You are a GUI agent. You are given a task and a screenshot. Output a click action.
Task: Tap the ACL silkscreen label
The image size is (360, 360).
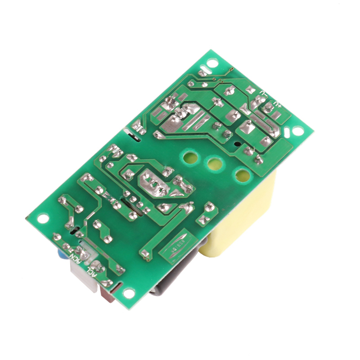click(x=92, y=273)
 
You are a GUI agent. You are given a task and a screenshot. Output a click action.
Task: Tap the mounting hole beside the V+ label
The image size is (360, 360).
click(x=297, y=131)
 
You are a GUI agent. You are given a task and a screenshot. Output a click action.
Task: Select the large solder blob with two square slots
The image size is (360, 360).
click(x=153, y=182)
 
